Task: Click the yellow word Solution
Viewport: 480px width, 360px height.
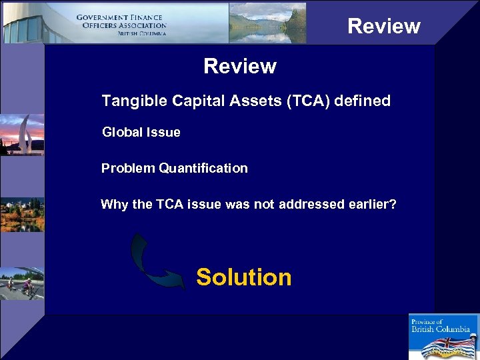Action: tap(243, 277)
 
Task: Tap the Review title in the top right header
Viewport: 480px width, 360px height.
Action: tap(383, 26)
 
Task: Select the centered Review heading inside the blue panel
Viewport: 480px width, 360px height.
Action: tap(239, 66)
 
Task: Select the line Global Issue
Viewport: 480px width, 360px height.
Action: tap(141, 132)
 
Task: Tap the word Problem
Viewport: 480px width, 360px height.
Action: tap(128, 168)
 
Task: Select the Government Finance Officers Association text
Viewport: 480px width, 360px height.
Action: tap(121, 25)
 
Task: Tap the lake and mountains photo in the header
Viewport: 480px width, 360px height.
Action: tap(267, 23)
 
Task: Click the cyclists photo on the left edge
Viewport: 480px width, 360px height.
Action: tap(21, 283)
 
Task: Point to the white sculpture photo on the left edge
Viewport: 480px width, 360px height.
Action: tap(21, 135)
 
